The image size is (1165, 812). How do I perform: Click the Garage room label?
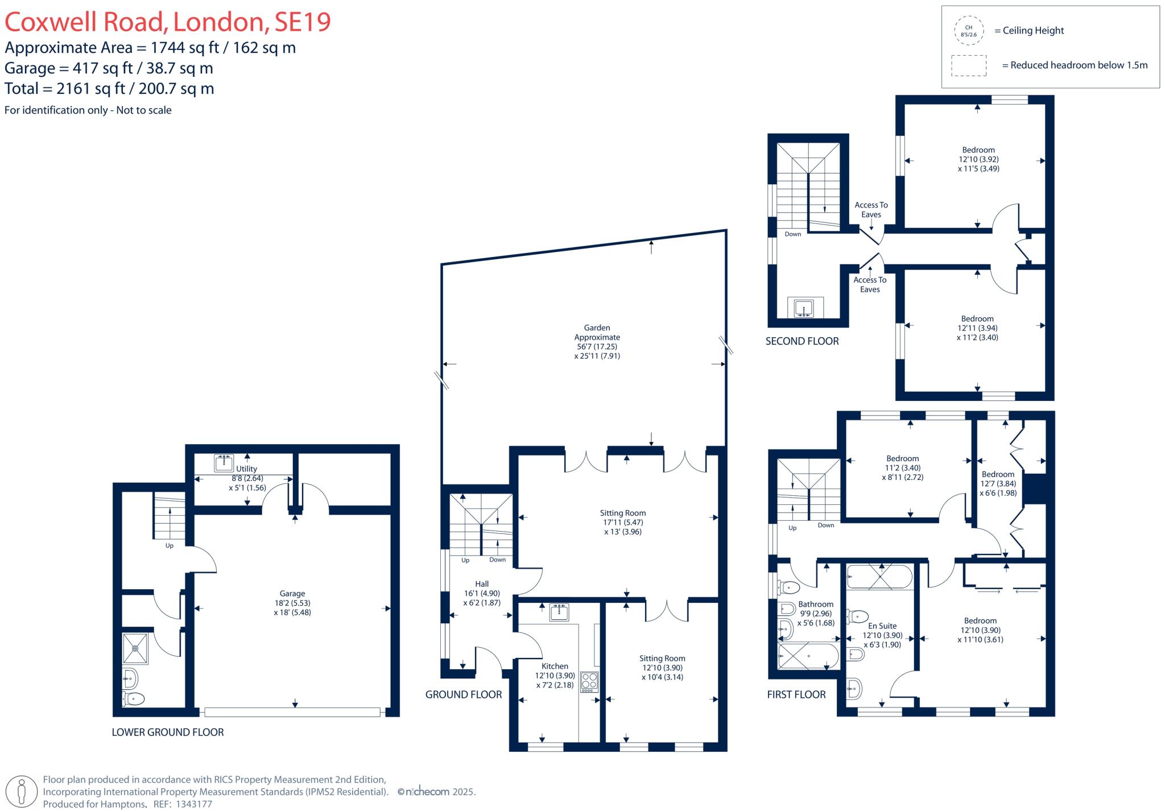point(292,593)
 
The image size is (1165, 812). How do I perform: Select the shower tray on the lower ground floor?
point(135,648)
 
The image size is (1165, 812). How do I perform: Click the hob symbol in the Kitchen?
point(589,682)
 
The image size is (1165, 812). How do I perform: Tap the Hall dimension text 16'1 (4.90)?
point(481,593)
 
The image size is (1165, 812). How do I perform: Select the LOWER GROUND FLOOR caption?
point(168,732)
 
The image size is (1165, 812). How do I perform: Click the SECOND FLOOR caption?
point(802,341)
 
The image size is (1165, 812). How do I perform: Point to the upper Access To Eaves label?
point(871,209)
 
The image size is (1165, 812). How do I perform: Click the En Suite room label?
point(882,625)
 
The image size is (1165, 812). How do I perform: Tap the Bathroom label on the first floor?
point(815,604)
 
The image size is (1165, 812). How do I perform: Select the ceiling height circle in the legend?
point(968,31)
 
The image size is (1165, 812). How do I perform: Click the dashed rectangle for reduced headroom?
point(968,65)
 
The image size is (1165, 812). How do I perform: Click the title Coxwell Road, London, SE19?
point(168,22)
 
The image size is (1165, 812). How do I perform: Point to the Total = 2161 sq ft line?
point(109,89)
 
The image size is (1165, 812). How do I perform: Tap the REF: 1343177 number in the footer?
point(194,804)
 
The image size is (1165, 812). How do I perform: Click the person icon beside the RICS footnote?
point(22,791)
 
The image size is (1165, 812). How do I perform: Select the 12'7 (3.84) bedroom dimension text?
point(998,484)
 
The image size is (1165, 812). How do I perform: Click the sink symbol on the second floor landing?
point(804,308)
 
